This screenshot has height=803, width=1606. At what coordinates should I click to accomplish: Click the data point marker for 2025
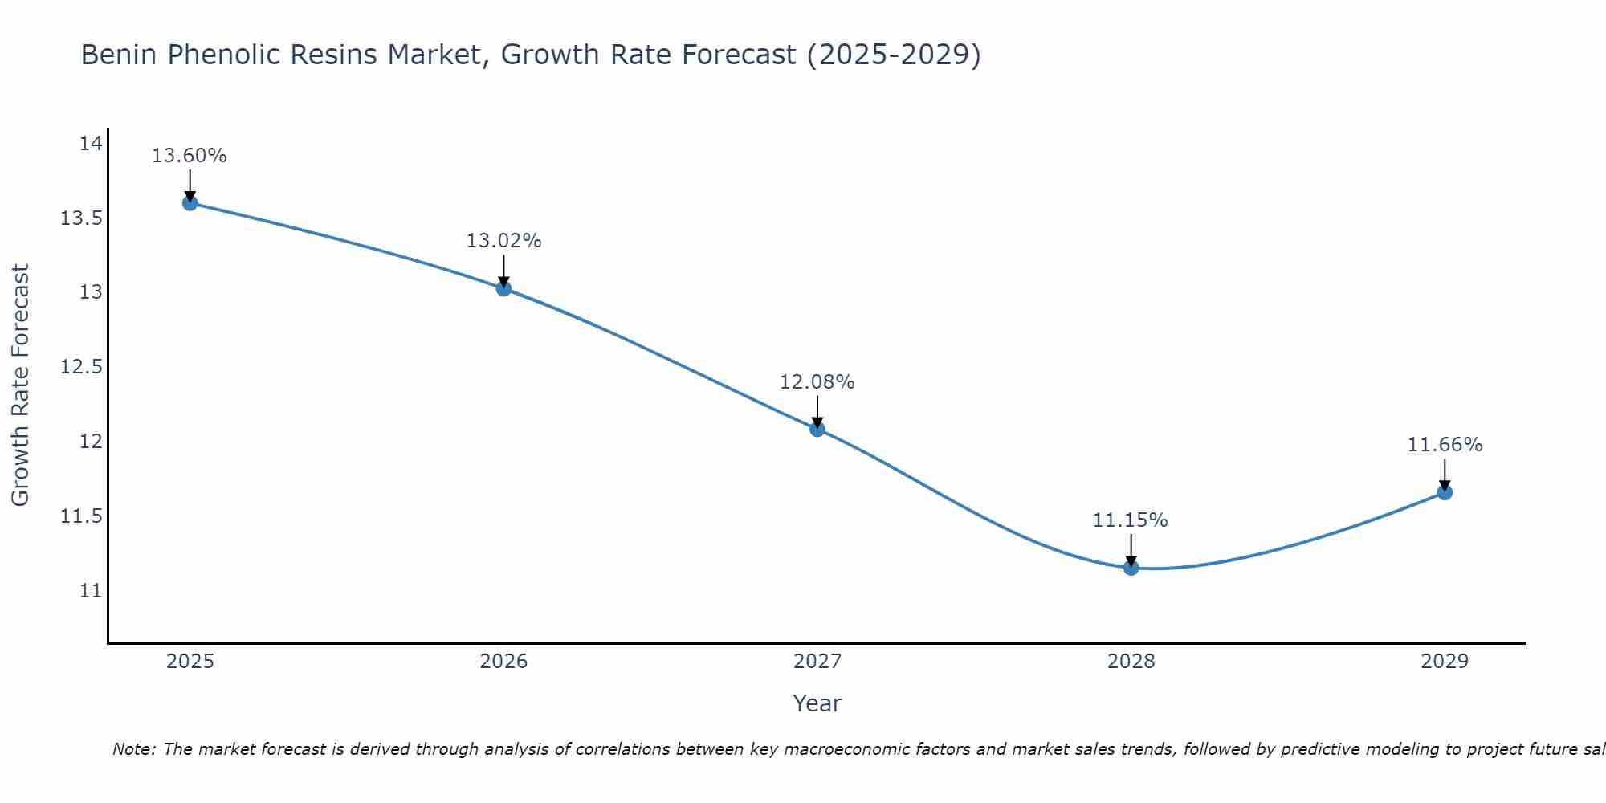click(x=190, y=203)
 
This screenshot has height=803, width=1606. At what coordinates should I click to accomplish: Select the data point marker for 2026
click(x=503, y=288)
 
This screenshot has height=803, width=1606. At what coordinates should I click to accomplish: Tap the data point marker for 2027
click(x=817, y=429)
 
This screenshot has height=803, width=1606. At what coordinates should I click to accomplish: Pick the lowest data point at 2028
click(x=1131, y=568)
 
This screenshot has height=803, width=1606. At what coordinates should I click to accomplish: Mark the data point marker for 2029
click(x=1445, y=492)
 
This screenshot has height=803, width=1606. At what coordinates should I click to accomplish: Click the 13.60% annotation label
click(x=190, y=156)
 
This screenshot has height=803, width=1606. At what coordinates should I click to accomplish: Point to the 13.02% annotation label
click(x=503, y=241)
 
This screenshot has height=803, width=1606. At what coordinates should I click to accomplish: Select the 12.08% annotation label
click(x=817, y=382)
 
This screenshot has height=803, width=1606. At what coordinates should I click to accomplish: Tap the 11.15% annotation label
click(x=1131, y=520)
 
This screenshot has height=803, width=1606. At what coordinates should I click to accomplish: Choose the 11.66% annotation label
click(x=1445, y=445)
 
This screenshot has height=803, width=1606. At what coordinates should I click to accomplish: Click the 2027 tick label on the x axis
click(x=817, y=662)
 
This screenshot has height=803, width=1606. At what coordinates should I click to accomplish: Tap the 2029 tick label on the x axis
click(x=1445, y=662)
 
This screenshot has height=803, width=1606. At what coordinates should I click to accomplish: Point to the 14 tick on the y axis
click(x=91, y=144)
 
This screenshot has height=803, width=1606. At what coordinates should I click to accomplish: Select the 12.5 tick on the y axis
click(x=82, y=367)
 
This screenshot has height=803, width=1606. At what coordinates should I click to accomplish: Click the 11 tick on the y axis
click(x=91, y=591)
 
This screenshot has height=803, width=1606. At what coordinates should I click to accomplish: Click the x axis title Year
click(x=817, y=703)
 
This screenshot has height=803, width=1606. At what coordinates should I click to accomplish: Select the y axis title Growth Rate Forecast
click(x=20, y=385)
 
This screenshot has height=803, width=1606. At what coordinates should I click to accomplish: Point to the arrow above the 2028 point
click(x=1131, y=550)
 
